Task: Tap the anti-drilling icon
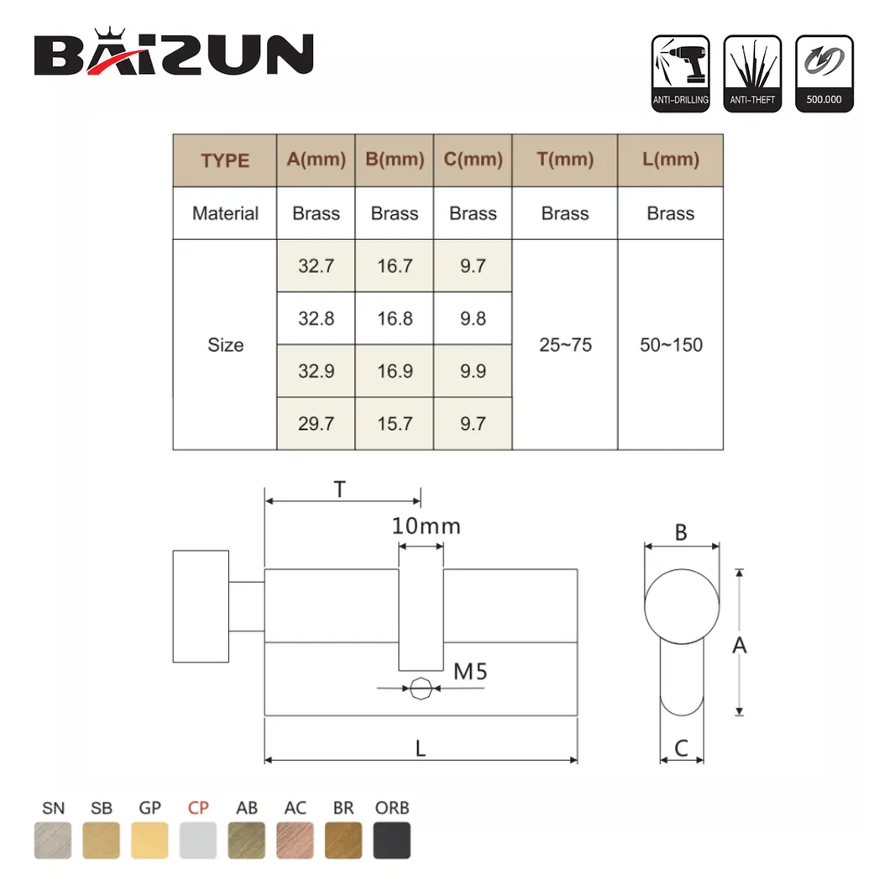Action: tap(680, 74)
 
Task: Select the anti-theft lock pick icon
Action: tap(752, 74)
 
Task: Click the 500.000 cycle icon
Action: tap(824, 74)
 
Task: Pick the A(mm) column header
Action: tap(316, 160)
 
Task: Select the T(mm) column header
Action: tap(565, 160)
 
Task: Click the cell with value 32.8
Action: tap(316, 318)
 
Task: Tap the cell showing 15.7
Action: tap(395, 423)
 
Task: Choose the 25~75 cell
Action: tap(565, 344)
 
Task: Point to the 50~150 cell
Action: tap(671, 344)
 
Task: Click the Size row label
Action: tap(225, 344)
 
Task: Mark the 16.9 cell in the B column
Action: tap(395, 371)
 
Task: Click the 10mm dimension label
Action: tap(426, 526)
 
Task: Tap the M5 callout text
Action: tap(470, 672)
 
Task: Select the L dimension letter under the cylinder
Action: tap(421, 748)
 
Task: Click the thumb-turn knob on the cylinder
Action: tap(201, 605)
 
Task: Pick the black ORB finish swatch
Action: tap(392, 840)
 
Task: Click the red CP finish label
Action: tap(198, 809)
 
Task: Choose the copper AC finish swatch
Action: tap(296, 840)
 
